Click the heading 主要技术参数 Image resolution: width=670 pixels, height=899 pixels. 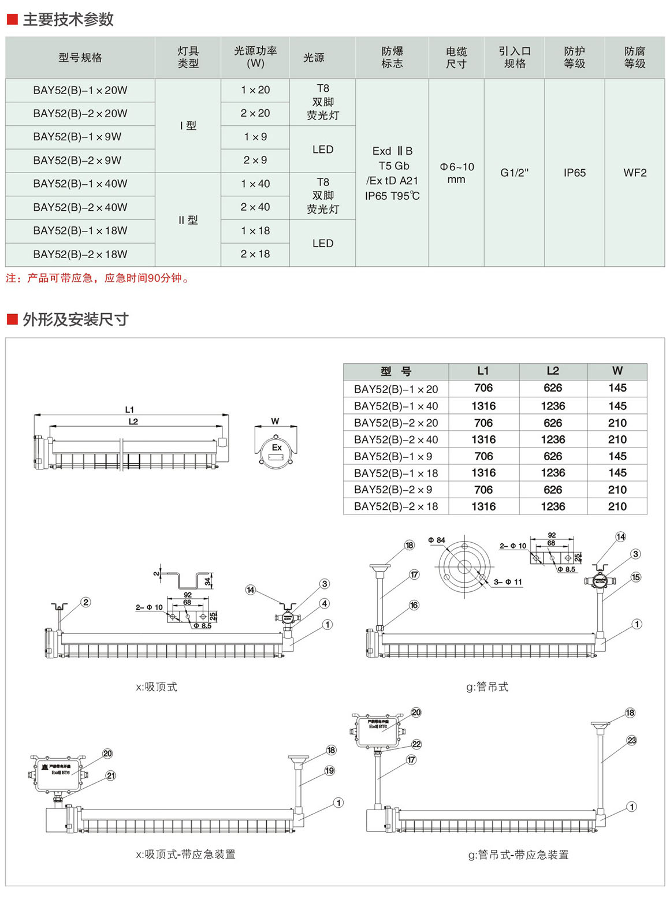click(68, 20)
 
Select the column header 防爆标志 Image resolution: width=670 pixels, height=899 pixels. click(392, 57)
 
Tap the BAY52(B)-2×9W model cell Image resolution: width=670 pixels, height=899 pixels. click(77, 161)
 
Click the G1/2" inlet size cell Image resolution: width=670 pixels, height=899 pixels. click(514, 173)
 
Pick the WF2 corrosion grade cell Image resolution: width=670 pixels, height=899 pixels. click(635, 173)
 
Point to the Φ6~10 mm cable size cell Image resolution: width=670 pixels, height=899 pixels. click(456, 173)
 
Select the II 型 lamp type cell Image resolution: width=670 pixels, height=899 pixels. click(188, 220)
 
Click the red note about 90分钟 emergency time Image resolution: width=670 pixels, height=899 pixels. click(98, 278)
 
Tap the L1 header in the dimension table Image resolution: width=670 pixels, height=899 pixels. click(483, 371)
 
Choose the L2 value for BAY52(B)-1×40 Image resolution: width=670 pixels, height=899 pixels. click(553, 406)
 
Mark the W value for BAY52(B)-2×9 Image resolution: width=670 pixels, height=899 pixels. click(617, 490)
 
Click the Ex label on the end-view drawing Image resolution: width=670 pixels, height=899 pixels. click(277, 447)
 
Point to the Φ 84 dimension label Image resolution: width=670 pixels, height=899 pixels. click(437, 540)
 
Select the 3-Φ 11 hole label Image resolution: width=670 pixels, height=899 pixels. click(508, 582)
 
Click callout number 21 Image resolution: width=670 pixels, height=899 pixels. click(111, 775)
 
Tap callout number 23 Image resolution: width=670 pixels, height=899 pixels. click(631, 740)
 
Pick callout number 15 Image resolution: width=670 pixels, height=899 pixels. click(635, 577)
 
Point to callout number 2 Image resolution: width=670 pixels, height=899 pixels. click(86, 602)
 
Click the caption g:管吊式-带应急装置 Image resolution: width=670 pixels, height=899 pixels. click(518, 855)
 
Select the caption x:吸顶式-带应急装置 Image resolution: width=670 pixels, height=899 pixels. click(185, 855)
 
